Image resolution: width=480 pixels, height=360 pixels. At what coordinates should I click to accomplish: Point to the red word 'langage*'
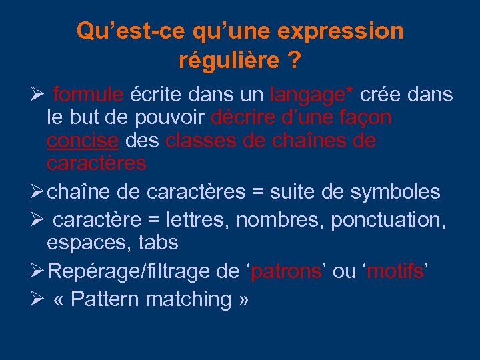tap(313, 95)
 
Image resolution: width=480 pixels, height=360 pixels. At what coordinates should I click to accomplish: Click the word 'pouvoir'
tap(169, 118)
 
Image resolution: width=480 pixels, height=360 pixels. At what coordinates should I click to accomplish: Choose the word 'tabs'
tap(158, 243)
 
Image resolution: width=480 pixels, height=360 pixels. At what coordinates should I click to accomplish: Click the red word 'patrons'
tap(287, 271)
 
